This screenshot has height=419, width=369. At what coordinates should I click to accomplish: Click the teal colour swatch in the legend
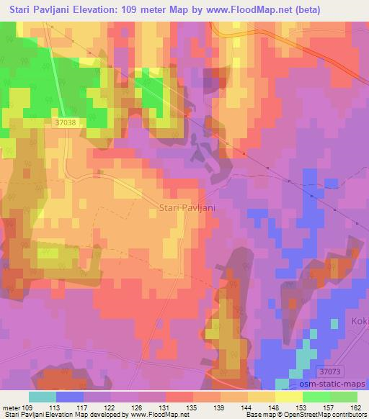43,397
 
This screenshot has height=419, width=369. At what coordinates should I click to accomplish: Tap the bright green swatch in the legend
316,397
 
